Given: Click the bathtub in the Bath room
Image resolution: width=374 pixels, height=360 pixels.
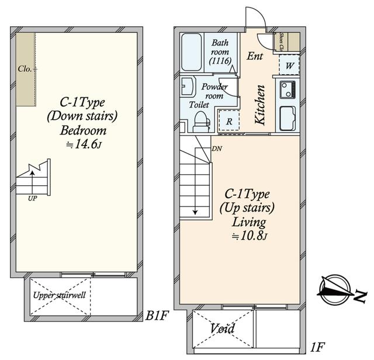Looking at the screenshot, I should click(x=191, y=51).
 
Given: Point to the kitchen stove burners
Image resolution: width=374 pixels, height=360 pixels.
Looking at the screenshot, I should click(x=288, y=90).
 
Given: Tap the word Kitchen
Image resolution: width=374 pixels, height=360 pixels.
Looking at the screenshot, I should click(x=261, y=106).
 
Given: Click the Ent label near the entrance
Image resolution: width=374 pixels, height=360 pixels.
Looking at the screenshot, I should click(x=255, y=57).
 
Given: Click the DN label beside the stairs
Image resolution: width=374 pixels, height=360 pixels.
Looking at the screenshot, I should click(x=217, y=148).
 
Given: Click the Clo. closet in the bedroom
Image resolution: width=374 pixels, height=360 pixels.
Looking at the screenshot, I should click(x=25, y=70).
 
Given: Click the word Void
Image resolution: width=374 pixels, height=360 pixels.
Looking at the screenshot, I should click(x=223, y=330).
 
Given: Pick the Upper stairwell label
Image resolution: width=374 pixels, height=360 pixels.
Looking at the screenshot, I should click(x=60, y=295).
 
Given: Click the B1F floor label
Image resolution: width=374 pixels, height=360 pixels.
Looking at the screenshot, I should click(x=157, y=316).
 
